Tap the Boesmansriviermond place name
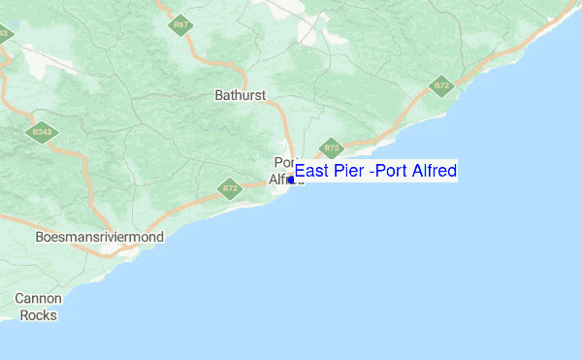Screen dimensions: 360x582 pyautogui.click(x=99, y=237)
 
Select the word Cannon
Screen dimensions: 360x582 pyautogui.click(x=38, y=299)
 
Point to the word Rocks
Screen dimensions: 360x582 pyautogui.click(x=38, y=314)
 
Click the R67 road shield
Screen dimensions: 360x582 pyautogui.click(x=178, y=24)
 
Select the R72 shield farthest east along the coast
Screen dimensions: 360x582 pyautogui.click(x=442, y=86)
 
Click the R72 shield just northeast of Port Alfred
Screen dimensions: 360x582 pyautogui.click(x=333, y=147)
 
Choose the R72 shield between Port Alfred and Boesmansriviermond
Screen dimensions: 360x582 pyautogui.click(x=229, y=188)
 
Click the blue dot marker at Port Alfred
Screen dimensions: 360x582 pyautogui.click(x=290, y=180)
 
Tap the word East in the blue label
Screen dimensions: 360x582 pyautogui.click(x=313, y=172)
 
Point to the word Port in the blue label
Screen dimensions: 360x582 pyautogui.click(x=393, y=172)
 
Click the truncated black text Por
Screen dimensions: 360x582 pyautogui.click(x=284, y=162)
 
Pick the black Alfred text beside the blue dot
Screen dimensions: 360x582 pyautogui.click(x=279, y=180)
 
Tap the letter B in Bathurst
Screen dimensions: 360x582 pyautogui.click(x=218, y=95)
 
